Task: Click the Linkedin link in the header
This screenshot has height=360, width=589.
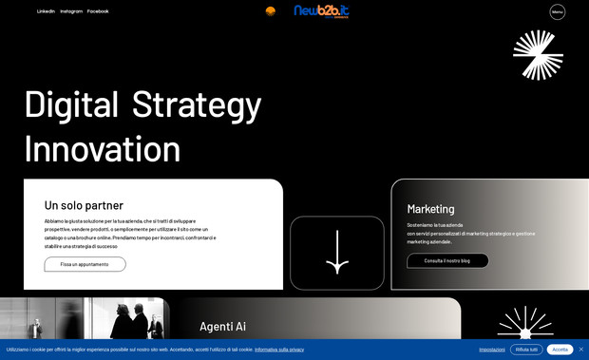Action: [46, 11]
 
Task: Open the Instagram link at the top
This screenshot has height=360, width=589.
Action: [71, 11]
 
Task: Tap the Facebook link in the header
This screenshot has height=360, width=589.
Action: [98, 11]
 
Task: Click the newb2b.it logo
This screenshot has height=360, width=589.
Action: [321, 11]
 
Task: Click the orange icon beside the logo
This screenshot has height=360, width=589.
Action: [271, 11]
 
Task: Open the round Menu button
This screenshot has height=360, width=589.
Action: [558, 12]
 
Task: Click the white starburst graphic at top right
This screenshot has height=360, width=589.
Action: [538, 54]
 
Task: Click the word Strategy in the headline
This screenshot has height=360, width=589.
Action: [196, 104]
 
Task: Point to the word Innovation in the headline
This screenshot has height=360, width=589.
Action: [103, 149]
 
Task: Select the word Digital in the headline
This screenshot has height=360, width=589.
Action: [71, 104]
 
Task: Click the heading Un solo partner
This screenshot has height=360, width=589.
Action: [84, 205]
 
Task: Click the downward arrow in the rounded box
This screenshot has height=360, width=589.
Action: [337, 253]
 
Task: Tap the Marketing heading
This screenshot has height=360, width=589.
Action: [430, 209]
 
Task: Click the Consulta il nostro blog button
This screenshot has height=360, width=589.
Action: [447, 260]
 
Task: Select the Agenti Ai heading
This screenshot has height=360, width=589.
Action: [222, 326]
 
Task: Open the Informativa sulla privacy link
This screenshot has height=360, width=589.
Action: [279, 350]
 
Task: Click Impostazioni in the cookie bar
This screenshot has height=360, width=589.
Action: [491, 350]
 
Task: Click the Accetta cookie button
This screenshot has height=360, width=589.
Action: [560, 350]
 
